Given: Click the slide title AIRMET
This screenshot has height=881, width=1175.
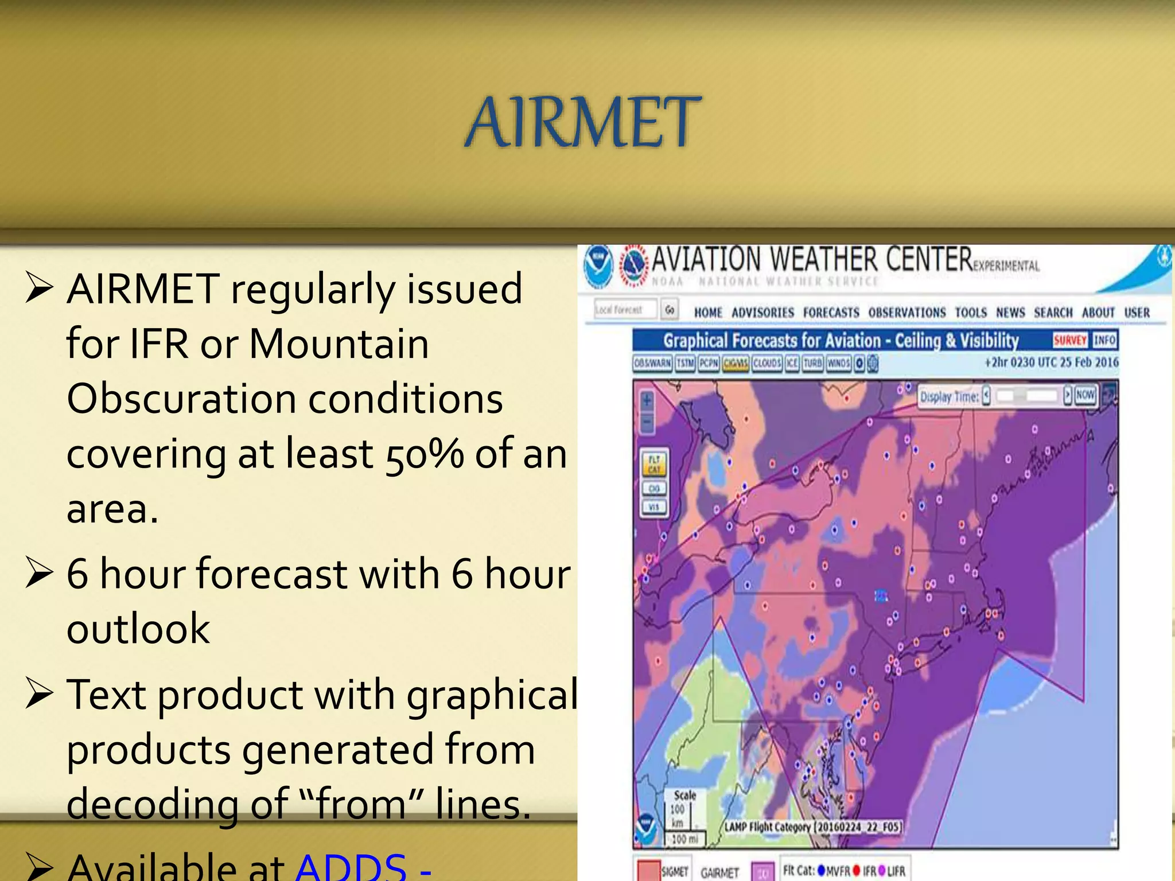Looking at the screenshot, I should coord(582,122).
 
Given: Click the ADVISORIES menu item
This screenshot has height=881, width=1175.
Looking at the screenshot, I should coord(762,313).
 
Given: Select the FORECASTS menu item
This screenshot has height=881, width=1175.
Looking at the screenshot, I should coord(831,313).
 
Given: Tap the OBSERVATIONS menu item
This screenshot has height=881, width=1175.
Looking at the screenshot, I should coord(906,313).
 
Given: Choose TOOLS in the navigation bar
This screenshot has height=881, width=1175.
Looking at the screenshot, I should coord(971,313).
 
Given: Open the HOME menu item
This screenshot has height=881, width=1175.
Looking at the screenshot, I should coord(708,313).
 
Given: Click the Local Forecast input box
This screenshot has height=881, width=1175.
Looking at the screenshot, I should coord(625,310).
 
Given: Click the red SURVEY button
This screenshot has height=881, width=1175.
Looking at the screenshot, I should coord(1070,340).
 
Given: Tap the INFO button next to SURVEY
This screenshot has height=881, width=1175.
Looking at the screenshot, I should coord(1104,340).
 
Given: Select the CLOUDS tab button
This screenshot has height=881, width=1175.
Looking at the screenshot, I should coord(767,363).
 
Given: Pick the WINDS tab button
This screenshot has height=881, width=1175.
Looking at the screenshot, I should coord(839,363).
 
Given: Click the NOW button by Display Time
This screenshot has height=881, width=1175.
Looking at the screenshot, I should coord(1085,395).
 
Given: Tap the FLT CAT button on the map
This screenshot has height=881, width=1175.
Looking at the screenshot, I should coord(654,464).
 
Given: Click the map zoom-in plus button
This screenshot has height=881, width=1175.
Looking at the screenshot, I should coord(647,400).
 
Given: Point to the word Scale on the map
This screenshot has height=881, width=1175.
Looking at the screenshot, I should coord(684,795).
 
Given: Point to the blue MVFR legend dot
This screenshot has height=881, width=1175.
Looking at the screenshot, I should coord(822,871).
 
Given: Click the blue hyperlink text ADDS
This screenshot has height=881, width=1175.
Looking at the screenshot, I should coord(351,866).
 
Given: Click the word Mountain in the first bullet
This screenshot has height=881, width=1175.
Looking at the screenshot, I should coord(339,344).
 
